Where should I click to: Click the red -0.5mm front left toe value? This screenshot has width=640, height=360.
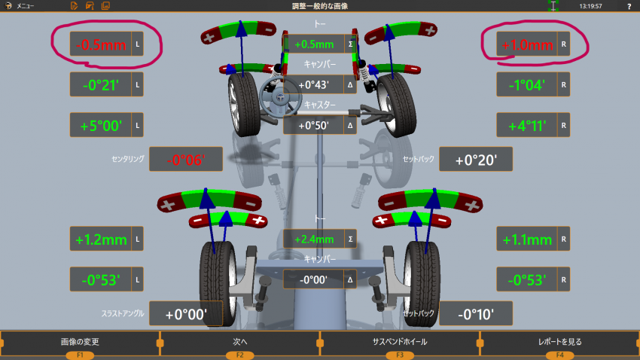pyautogui.click(x=101, y=44)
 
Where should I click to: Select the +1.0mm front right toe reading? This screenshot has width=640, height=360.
pyautogui.click(x=527, y=44)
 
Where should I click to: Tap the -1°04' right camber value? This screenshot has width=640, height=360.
pyautogui.click(x=527, y=85)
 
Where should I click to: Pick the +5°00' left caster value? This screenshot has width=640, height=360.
pyautogui.click(x=101, y=125)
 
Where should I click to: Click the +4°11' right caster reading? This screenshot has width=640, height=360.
pyautogui.click(x=527, y=125)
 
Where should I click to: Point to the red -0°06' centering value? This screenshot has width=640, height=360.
pyautogui.click(x=186, y=159)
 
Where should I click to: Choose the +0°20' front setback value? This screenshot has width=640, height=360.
pyautogui.click(x=476, y=159)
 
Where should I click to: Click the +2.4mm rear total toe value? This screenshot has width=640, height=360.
pyautogui.click(x=314, y=239)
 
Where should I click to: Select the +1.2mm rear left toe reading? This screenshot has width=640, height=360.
pyautogui.click(x=101, y=239)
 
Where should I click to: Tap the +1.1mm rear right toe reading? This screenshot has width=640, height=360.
pyautogui.click(x=527, y=239)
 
